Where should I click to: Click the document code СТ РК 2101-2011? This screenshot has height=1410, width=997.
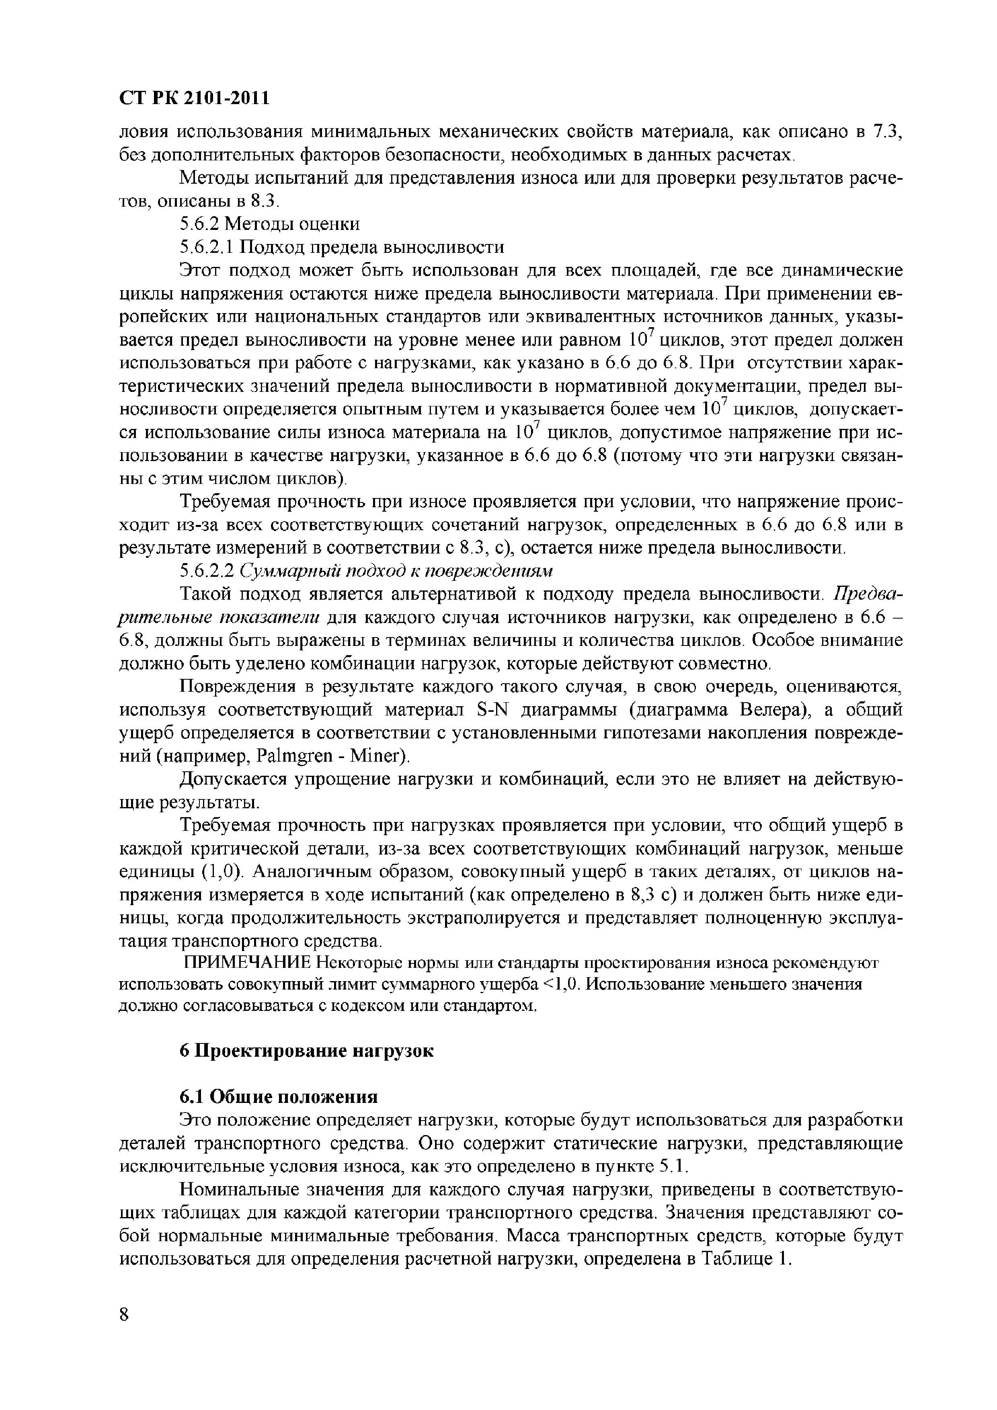(194, 98)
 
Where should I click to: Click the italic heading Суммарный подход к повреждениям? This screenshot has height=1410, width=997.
(396, 571)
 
